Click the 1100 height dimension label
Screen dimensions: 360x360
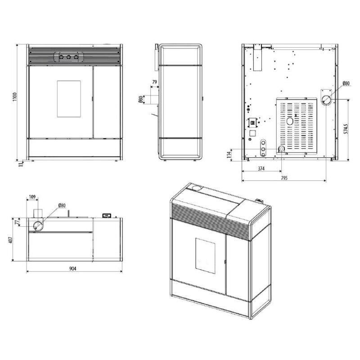tap(15, 97)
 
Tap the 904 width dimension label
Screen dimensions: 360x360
tap(73, 268)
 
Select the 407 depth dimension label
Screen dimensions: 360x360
tap(11, 240)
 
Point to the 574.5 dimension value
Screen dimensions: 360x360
tap(346, 129)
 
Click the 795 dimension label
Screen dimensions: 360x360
tap(284, 178)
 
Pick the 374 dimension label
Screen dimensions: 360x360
tap(261, 168)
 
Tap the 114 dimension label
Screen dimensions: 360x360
tap(229, 155)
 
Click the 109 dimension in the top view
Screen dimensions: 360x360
tap(32, 197)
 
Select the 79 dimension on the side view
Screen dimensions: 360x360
tap(154, 82)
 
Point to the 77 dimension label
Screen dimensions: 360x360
tap(16, 222)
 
